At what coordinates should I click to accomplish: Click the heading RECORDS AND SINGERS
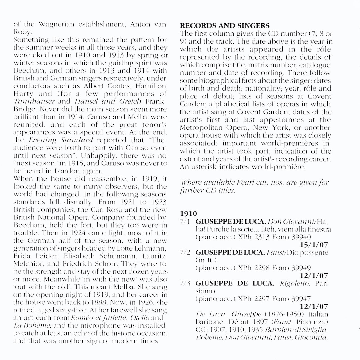(224, 26)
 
